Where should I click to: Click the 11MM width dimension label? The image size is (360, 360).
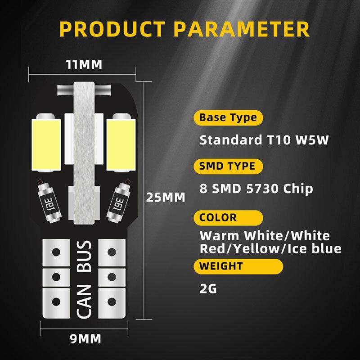84,65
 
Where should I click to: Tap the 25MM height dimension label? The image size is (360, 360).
166,197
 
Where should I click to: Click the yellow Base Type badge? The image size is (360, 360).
228,118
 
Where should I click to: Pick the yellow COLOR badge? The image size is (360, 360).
218,217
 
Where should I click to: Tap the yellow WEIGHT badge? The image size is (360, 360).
221,266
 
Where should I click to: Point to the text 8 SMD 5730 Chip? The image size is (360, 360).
256,188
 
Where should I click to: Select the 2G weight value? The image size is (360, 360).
208,288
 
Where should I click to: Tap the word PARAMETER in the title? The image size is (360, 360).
242,29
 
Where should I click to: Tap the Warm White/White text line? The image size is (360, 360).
265,236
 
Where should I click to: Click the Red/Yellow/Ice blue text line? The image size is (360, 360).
270,249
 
